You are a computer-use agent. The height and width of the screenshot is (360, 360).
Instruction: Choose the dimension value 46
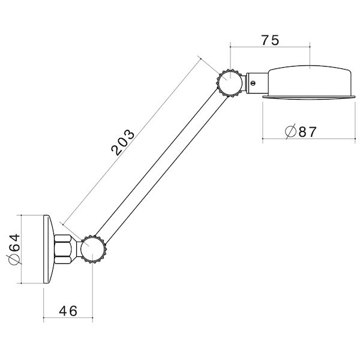pos(69,312)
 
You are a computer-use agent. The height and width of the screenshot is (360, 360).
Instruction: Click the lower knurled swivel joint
pos(93,249)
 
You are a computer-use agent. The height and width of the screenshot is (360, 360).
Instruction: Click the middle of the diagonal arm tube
pos(161,165)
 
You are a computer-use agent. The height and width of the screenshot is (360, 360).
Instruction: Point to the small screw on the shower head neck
pos(254,81)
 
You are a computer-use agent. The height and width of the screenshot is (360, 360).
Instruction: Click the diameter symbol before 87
pos(290,131)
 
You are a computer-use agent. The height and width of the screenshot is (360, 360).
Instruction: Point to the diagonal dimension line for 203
pos(132,138)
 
